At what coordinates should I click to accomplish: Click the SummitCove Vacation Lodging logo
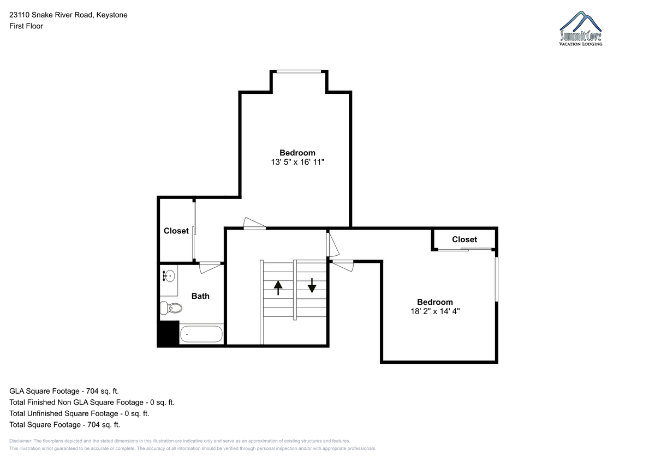[x=580, y=28]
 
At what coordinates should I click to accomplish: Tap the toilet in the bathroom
[x=171, y=308]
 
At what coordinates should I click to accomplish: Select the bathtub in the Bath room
[x=201, y=334]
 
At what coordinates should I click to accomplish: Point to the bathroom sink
[x=169, y=276]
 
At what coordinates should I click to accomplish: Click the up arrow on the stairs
[x=278, y=288]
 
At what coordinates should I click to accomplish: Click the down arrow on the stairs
[x=312, y=285]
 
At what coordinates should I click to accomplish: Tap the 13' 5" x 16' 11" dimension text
[x=297, y=162]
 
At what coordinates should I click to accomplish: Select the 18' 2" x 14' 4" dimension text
[x=435, y=311]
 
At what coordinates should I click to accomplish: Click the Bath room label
[x=200, y=296]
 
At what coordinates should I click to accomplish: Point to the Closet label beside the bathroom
[x=176, y=231]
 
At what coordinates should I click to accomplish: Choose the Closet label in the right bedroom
[x=465, y=239]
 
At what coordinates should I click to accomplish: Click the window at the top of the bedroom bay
[x=299, y=71]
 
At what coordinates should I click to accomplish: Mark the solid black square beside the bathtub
[x=169, y=333]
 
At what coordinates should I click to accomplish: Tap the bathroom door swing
[x=210, y=268]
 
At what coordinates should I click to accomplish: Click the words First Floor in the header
[x=26, y=26]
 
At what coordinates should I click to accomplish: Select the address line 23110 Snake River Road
[x=51, y=15]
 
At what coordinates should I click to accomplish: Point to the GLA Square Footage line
[x=64, y=391]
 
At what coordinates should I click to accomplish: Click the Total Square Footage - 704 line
[x=64, y=424]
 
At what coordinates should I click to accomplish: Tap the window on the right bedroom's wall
[x=496, y=279]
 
